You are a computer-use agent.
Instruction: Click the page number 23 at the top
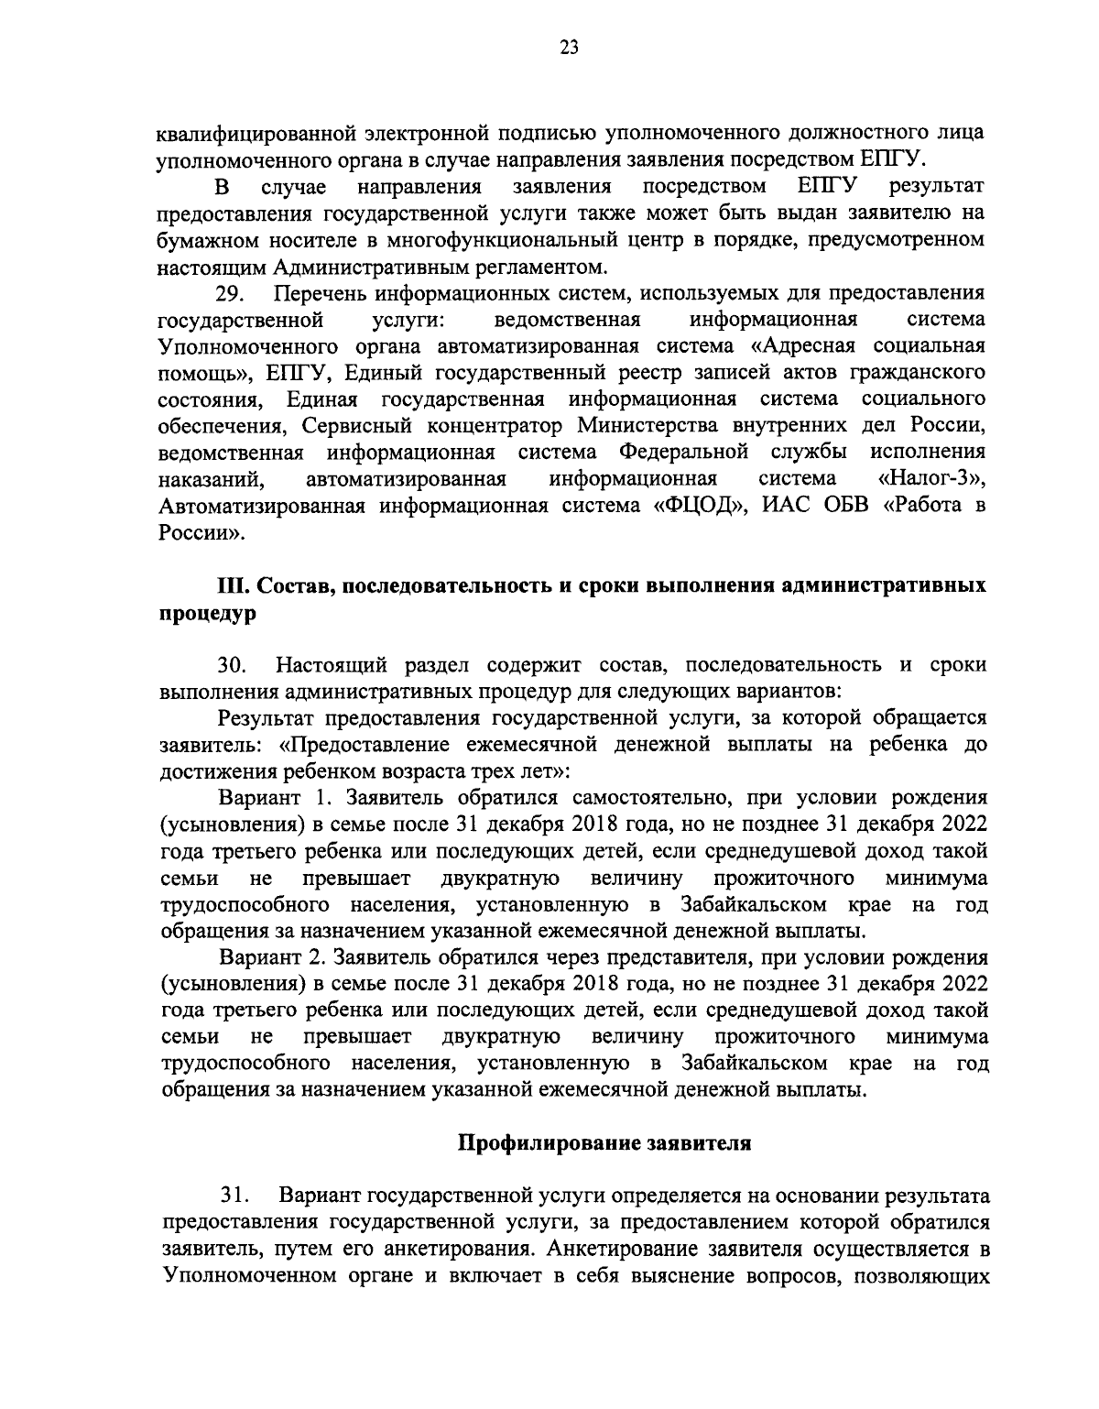pos(568,49)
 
